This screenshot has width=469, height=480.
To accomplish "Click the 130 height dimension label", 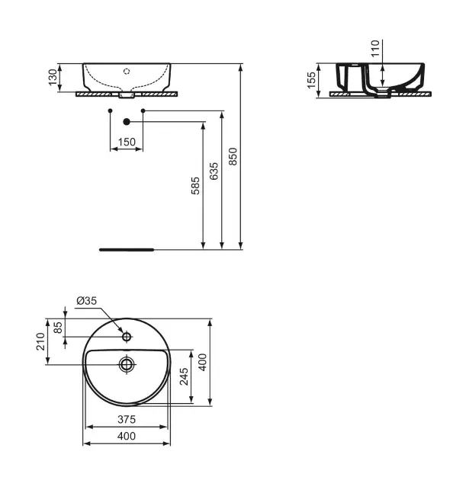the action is (x=53, y=77).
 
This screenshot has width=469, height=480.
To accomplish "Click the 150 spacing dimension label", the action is (x=127, y=142).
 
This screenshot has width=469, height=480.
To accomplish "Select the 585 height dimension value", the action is (x=195, y=185).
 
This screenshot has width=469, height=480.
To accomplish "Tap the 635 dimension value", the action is (x=214, y=171).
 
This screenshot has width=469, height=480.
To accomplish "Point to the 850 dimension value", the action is (x=233, y=156).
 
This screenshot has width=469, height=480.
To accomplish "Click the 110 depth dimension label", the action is (x=375, y=48).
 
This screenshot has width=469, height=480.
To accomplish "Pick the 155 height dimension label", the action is (x=311, y=80).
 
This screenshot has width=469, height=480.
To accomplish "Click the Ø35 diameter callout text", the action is (x=87, y=301).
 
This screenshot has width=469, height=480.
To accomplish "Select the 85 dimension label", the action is (x=58, y=328).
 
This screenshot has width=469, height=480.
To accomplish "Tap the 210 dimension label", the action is (x=40, y=341).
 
